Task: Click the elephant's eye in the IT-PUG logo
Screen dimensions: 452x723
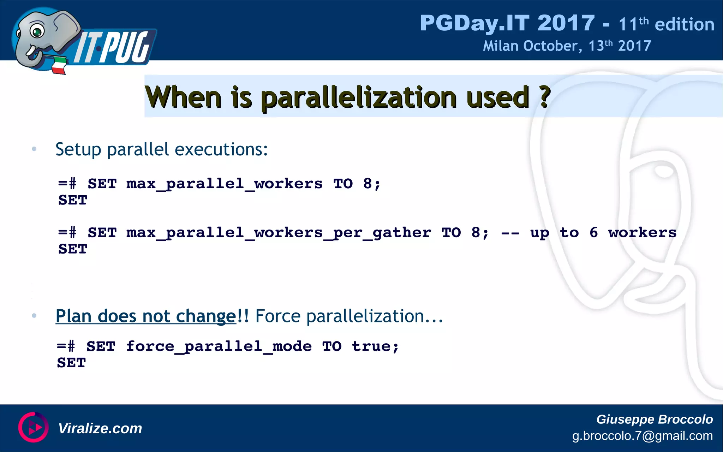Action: (x=37, y=31)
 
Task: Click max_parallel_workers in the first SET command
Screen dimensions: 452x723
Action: (x=224, y=184)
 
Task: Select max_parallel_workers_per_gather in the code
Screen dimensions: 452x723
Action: (x=279, y=233)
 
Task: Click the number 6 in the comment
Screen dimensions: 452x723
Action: (x=593, y=232)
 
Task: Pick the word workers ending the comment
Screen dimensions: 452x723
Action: (x=642, y=232)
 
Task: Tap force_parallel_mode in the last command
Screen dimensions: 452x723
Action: (x=219, y=346)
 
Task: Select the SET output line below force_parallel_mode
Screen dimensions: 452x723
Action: (x=72, y=363)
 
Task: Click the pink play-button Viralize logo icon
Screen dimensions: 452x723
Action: (x=34, y=427)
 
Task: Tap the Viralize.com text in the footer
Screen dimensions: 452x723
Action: (x=100, y=428)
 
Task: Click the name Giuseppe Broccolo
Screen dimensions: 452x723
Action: (x=654, y=419)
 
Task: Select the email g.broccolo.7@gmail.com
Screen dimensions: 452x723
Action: (x=642, y=436)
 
